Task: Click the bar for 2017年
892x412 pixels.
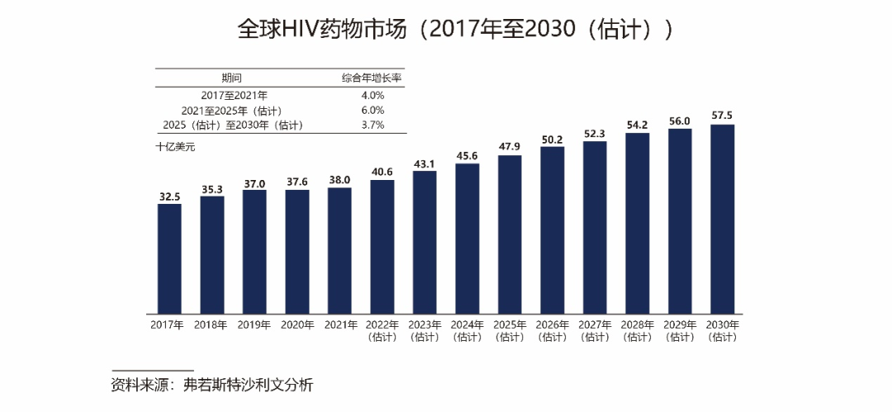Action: click(169, 258)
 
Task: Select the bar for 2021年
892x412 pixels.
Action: click(339, 250)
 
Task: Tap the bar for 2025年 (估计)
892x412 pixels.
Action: click(510, 234)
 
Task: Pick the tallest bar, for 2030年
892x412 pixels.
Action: click(722, 219)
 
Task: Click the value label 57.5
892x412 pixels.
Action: click(722, 116)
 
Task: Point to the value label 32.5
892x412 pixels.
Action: click(169, 197)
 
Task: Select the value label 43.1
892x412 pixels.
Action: click(425, 163)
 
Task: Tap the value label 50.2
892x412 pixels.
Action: click(552, 139)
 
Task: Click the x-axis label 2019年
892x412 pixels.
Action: click(254, 325)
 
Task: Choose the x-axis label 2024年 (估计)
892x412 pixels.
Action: click(467, 330)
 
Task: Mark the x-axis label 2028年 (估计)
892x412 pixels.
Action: click(637, 330)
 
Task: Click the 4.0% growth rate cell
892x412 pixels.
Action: click(373, 95)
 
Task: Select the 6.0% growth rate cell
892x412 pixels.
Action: click(373, 110)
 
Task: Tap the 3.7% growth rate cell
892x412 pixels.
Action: click(373, 125)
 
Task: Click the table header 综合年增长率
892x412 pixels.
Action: click(373, 78)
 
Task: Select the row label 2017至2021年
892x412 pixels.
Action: click(234, 95)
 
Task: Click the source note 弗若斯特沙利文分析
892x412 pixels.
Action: click(249, 386)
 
